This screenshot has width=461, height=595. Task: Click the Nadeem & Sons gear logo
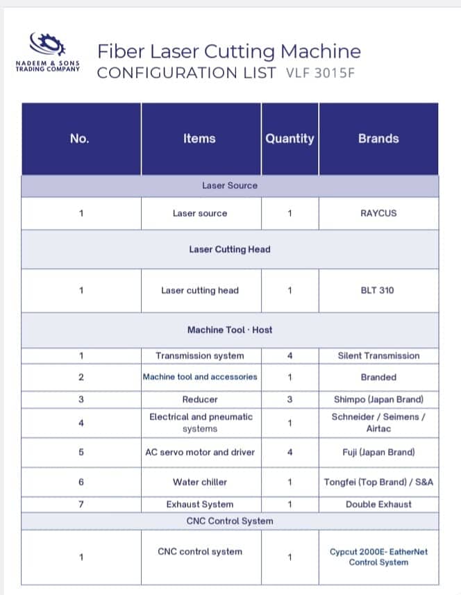click(48, 45)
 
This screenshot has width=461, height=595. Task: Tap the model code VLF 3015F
click(319, 73)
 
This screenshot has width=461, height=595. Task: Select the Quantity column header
click(290, 138)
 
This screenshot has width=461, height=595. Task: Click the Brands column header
click(378, 138)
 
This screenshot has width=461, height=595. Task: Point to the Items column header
click(199, 138)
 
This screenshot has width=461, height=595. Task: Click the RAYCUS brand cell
click(378, 213)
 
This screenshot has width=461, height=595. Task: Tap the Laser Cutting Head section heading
click(230, 249)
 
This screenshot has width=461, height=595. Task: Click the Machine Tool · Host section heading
click(230, 330)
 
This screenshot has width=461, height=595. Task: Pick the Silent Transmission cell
click(378, 355)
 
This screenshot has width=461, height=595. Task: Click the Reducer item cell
click(200, 399)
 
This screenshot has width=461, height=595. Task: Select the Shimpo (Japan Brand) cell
click(378, 399)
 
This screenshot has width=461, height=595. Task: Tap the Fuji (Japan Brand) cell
click(378, 452)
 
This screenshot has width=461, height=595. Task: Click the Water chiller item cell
click(200, 482)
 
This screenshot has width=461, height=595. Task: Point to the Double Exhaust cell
click(378, 504)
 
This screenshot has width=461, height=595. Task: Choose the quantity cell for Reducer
click(290, 399)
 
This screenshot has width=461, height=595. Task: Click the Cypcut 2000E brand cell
click(378, 557)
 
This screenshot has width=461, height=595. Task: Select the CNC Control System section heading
click(230, 521)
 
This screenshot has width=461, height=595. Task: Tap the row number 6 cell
click(81, 482)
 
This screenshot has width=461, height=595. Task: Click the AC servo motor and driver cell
click(200, 452)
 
